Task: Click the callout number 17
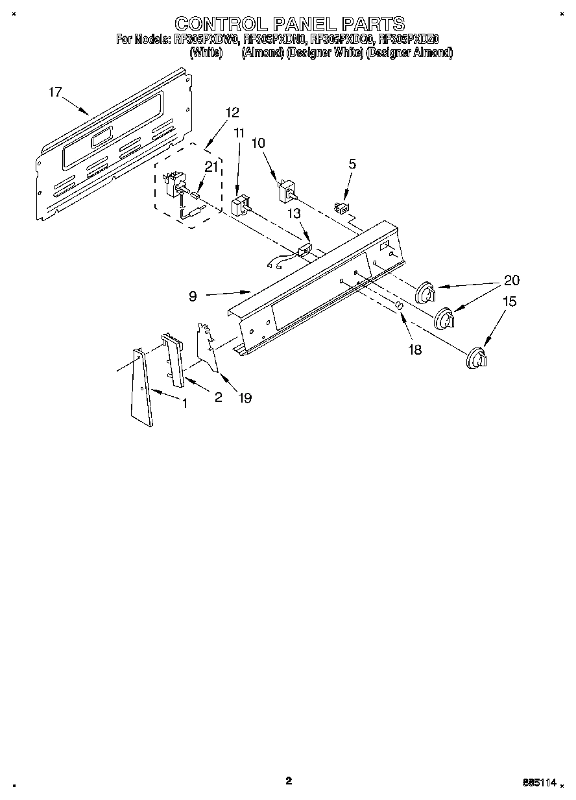click(55, 92)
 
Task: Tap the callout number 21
click(210, 167)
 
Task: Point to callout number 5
click(352, 164)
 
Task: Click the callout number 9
click(193, 296)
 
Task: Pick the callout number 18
click(414, 350)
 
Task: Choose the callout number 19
click(245, 398)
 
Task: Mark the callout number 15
click(510, 301)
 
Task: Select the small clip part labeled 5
click(339, 207)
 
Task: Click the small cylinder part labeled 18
click(400, 305)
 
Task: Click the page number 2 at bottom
click(289, 781)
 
